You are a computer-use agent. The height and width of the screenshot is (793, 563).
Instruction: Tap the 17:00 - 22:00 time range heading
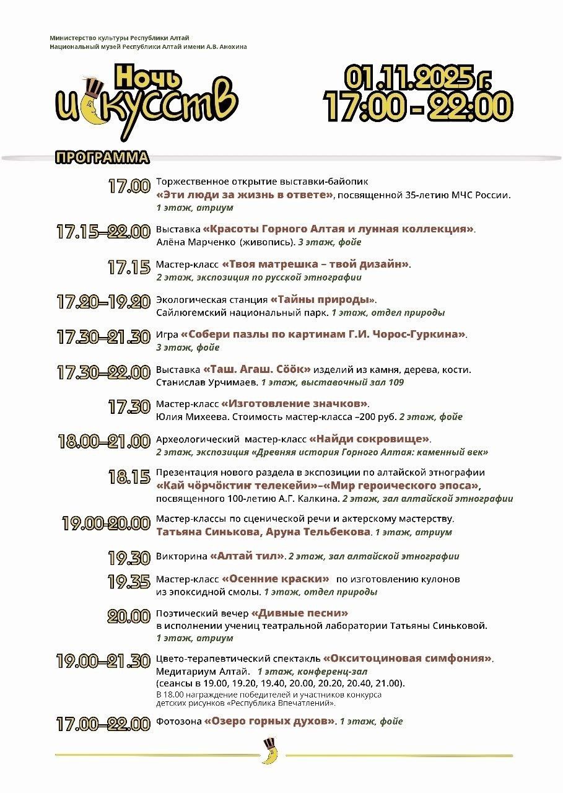pyautogui.click(x=419, y=107)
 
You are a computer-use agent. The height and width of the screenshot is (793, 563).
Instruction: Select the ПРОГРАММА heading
pyautogui.click(x=102, y=157)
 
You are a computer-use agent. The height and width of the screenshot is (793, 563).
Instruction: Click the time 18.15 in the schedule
pyautogui.click(x=129, y=477)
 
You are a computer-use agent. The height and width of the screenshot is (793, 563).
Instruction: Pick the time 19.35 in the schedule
pyautogui.click(x=129, y=582)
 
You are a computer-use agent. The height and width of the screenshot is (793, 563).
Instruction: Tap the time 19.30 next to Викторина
pyautogui.click(x=129, y=558)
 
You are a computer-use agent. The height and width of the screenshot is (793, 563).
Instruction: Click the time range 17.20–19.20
pyautogui.click(x=103, y=302)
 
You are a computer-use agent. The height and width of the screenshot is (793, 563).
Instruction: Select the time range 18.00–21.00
pyautogui.click(x=104, y=441)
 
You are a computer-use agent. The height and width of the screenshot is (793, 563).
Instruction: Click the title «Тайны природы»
pyautogui.click(x=323, y=300)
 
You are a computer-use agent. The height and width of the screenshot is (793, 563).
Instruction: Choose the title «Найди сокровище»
pyautogui.click(x=369, y=439)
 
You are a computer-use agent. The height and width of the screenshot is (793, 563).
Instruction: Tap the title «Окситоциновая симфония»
pyautogui.click(x=409, y=658)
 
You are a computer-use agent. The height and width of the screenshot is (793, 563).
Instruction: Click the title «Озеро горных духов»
pyautogui.click(x=271, y=721)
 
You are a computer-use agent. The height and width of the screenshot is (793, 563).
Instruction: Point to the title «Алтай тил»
pyautogui.click(x=248, y=556)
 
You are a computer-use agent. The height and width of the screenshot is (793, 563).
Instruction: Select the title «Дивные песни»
pyautogui.click(x=300, y=613)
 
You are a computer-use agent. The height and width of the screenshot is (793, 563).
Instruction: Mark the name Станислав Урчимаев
pyautogui.click(x=207, y=382)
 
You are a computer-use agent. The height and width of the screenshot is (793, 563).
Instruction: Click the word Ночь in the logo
pyautogui.click(x=149, y=77)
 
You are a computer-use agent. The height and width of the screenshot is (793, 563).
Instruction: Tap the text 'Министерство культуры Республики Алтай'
pyautogui.click(x=120, y=38)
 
